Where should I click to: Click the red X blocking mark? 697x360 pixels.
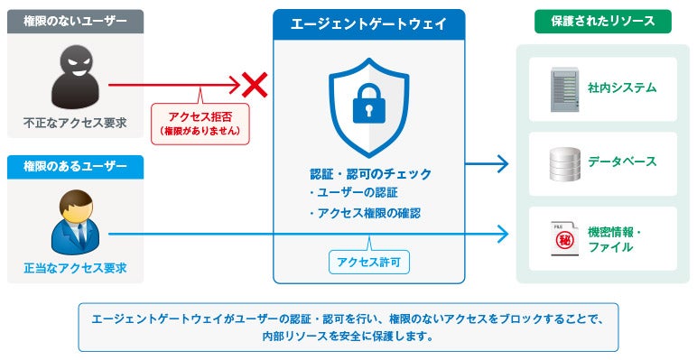pos(255,85)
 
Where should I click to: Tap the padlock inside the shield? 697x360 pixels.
pos(369,104)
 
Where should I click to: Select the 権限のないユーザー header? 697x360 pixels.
pos(75,22)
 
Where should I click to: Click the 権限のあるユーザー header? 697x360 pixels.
pos(75,167)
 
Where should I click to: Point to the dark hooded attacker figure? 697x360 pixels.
pos(75,77)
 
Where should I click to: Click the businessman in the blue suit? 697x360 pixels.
pos(76,222)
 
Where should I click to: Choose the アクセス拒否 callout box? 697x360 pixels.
pos(200,124)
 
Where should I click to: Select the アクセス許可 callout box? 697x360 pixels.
pos(369,263)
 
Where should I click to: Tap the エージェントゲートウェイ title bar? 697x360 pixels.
pos(369,24)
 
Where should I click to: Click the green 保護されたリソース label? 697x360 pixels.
pos(603,22)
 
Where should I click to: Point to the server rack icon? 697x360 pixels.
pos(565,89)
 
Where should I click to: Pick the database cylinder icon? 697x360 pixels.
pos(565,164)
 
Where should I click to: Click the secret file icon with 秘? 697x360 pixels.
pos(564,239)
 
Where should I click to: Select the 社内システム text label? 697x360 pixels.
pos(622,88)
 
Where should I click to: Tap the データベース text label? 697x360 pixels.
pos(622,162)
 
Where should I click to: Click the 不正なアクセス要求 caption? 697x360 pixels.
pos(75,123)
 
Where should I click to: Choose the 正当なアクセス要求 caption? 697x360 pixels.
pos(75,269)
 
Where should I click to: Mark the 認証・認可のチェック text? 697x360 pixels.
pos(371,174)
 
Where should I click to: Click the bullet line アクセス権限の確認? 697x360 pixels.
pos(365,213)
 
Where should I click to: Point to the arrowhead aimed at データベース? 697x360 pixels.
pos(503,164)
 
